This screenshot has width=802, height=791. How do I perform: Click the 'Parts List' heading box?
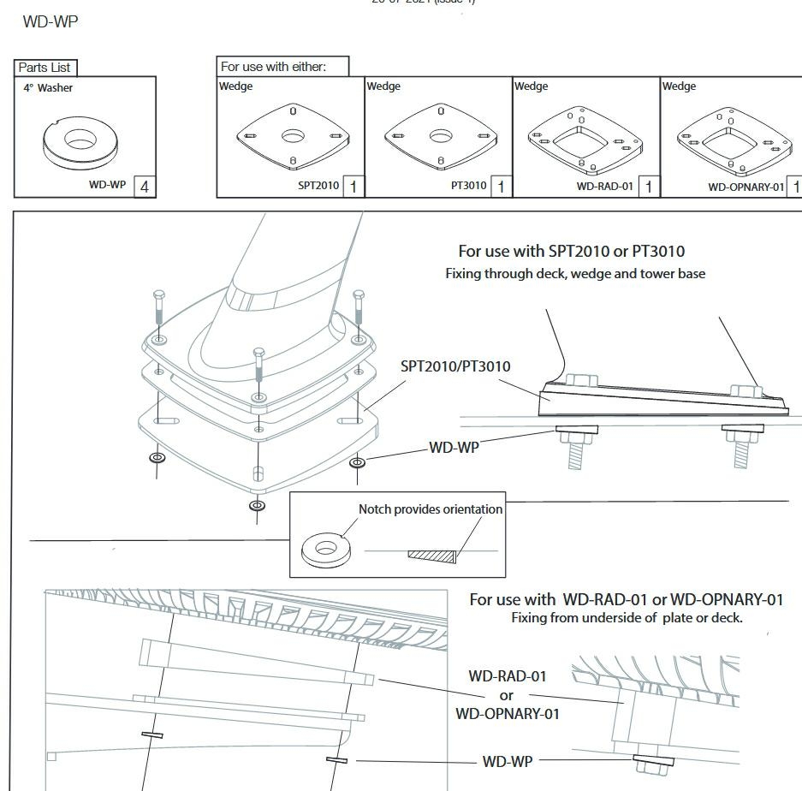pyautogui.click(x=45, y=68)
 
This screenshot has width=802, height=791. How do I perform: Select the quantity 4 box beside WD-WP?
pyautogui.click(x=145, y=186)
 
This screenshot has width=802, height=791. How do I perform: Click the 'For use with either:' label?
pyautogui.click(x=273, y=66)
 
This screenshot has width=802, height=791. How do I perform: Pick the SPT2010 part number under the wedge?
pyautogui.click(x=318, y=186)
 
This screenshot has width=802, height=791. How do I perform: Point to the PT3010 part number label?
pyautogui.click(x=468, y=186)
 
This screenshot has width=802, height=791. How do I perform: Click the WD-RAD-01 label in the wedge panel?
pyautogui.click(x=605, y=186)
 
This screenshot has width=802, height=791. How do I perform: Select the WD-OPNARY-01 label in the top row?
pyautogui.click(x=746, y=187)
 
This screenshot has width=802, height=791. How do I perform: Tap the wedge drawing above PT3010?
pyautogui.click(x=440, y=136)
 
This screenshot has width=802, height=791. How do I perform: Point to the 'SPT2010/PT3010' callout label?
pyautogui.click(x=455, y=366)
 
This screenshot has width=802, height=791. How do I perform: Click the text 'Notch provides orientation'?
pyautogui.click(x=431, y=509)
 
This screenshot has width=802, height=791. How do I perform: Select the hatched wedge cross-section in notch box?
pyautogui.click(x=431, y=556)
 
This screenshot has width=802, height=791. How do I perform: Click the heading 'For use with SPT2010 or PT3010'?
pyautogui.click(x=571, y=251)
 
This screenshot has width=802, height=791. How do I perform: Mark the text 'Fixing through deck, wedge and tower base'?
pyautogui.click(x=575, y=274)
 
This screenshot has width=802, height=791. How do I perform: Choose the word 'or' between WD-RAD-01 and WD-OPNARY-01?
pyautogui.click(x=507, y=695)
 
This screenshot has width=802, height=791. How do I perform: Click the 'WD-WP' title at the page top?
pyautogui.click(x=50, y=22)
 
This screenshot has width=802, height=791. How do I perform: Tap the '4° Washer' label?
pyautogui.click(x=48, y=88)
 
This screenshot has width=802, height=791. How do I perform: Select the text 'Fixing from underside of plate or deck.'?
pyautogui.click(x=627, y=617)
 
